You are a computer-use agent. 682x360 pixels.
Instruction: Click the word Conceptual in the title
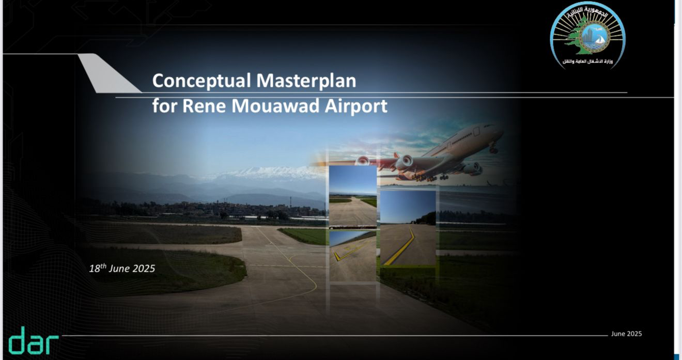[x=202, y=81]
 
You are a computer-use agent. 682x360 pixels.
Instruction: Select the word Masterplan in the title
[x=306, y=81]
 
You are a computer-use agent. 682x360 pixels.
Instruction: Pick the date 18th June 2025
[x=122, y=268]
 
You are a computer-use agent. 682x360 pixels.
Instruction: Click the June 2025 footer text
[x=626, y=334]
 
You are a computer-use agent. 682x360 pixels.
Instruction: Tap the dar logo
[x=33, y=341]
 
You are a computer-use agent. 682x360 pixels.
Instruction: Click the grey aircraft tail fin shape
[x=110, y=73]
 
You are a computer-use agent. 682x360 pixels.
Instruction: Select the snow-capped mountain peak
[x=268, y=173]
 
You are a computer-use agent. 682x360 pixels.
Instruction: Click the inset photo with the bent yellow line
[x=408, y=228]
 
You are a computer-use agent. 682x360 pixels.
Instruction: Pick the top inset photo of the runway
[x=352, y=196]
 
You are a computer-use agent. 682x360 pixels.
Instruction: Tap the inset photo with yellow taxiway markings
[x=352, y=256]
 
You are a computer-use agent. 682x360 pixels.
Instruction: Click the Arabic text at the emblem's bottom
[x=587, y=61]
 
